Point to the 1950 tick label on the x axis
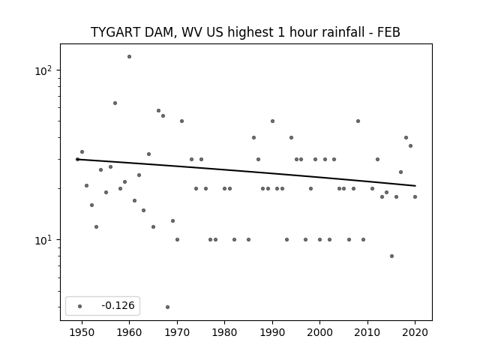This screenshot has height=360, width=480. click(82, 332)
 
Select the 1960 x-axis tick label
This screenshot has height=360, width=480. click(129, 332)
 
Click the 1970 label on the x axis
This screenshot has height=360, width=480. click(177, 332)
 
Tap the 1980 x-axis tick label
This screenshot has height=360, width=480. click(224, 332)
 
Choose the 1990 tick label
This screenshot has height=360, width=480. click(272, 332)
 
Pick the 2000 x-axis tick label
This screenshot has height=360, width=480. click(319, 332)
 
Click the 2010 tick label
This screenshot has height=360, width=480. click(367, 332)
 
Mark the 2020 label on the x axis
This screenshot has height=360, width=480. click(415, 332)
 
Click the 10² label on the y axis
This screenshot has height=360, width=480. click(43, 70)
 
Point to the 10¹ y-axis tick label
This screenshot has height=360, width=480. click(43, 240)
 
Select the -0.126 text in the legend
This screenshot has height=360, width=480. click(118, 305)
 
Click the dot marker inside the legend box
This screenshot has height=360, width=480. click(80, 306)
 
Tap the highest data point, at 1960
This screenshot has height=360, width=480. click(129, 57)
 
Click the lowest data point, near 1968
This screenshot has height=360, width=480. click(167, 307)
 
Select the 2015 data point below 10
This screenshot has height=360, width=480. click(391, 256)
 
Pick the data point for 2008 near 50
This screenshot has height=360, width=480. click(358, 121)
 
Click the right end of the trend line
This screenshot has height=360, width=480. click(415, 186)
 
